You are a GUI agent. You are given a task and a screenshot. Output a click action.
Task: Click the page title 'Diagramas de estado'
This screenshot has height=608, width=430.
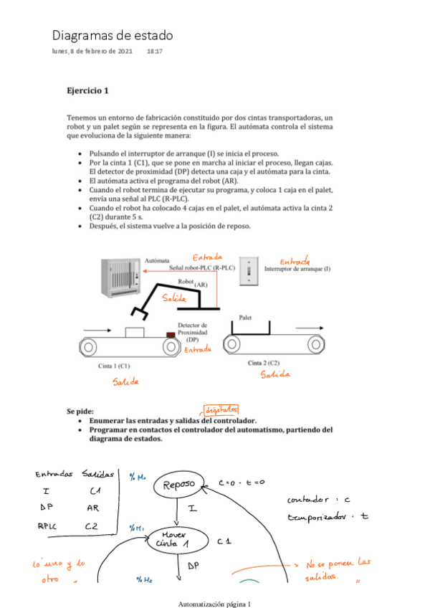112,35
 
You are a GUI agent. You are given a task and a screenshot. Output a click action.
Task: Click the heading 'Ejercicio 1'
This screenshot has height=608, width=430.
87,91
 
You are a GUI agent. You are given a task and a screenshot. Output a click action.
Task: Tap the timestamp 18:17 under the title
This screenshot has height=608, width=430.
154,52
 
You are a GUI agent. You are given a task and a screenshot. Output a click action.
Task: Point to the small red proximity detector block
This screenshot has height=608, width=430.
171,335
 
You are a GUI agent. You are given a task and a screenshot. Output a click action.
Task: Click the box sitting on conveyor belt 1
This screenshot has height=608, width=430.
134,333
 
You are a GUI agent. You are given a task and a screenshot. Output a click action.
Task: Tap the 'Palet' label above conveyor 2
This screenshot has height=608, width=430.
245,317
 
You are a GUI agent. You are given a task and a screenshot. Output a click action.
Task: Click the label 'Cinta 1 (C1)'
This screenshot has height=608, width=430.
114,366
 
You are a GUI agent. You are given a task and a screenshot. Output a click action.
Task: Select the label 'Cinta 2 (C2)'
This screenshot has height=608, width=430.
264,363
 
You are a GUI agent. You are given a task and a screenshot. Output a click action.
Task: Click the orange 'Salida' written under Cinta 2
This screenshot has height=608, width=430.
275,374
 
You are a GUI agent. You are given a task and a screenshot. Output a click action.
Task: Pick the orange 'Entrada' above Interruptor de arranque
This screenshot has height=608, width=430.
295,262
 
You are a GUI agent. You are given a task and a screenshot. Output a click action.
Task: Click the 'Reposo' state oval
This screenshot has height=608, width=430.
178,485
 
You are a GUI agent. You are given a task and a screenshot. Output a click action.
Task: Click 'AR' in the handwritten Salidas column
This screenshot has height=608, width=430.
93,508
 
